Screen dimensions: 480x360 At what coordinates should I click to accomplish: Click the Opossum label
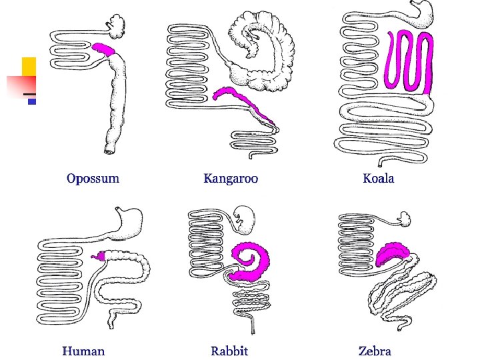click(93, 179)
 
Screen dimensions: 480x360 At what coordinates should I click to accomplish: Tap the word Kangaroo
click(231, 179)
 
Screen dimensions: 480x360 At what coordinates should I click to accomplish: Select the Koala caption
click(379, 179)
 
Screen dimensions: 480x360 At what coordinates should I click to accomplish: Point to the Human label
click(83, 351)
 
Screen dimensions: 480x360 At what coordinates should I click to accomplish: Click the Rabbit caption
click(229, 351)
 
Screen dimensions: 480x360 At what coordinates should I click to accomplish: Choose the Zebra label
click(375, 351)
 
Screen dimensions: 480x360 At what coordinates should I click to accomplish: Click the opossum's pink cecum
click(105, 49)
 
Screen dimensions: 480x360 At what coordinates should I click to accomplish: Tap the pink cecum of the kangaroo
click(243, 100)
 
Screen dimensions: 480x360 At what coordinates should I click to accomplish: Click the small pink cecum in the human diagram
click(101, 255)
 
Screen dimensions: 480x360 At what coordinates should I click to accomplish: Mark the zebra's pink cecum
click(393, 254)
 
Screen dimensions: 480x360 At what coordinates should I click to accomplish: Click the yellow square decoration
click(29, 67)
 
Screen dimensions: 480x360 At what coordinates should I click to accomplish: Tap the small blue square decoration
click(31, 102)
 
